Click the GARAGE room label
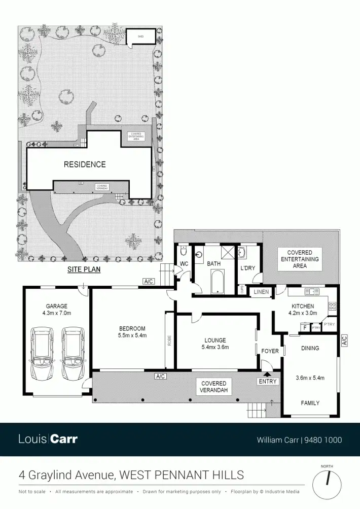pos(56,306)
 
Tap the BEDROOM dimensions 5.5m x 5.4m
pos(132,335)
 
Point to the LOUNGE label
pos(215,340)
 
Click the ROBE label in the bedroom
pos(169,341)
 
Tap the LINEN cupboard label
pos(262,292)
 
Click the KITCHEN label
pos(303,306)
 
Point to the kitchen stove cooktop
pos(333,306)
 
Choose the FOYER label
pos(270,351)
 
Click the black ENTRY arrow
pos(267,374)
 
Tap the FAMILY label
pos(310,403)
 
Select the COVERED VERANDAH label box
pos(214,387)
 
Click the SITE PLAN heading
pos(84,270)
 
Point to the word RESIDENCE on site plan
pos(85,164)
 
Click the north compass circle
pos(327,484)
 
